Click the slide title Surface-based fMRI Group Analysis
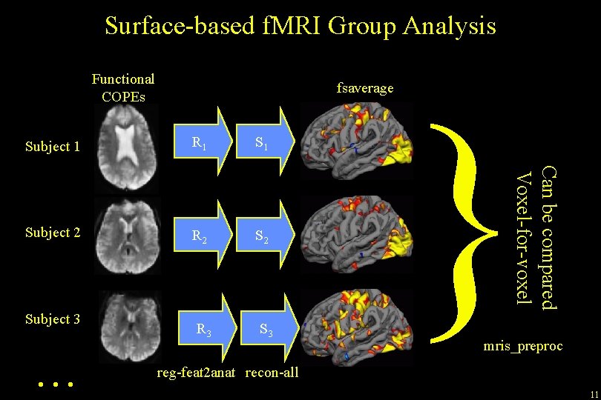click(x=300, y=26)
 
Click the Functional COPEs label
click(x=122, y=87)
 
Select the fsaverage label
click(x=364, y=88)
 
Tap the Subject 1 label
click(x=52, y=146)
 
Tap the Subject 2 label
click(x=52, y=232)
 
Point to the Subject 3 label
click(x=52, y=319)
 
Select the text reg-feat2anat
click(x=197, y=372)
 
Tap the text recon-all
click(x=272, y=372)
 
